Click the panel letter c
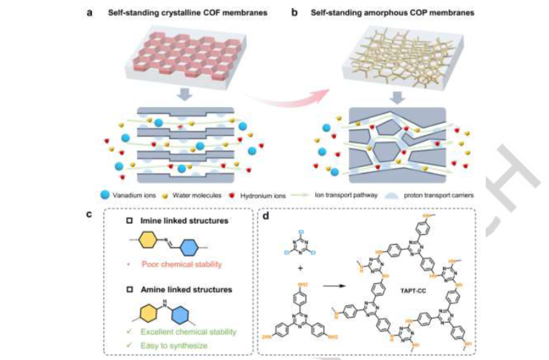pyautogui.click(x=90, y=215)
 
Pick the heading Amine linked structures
pyautogui.click(x=179, y=289)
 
